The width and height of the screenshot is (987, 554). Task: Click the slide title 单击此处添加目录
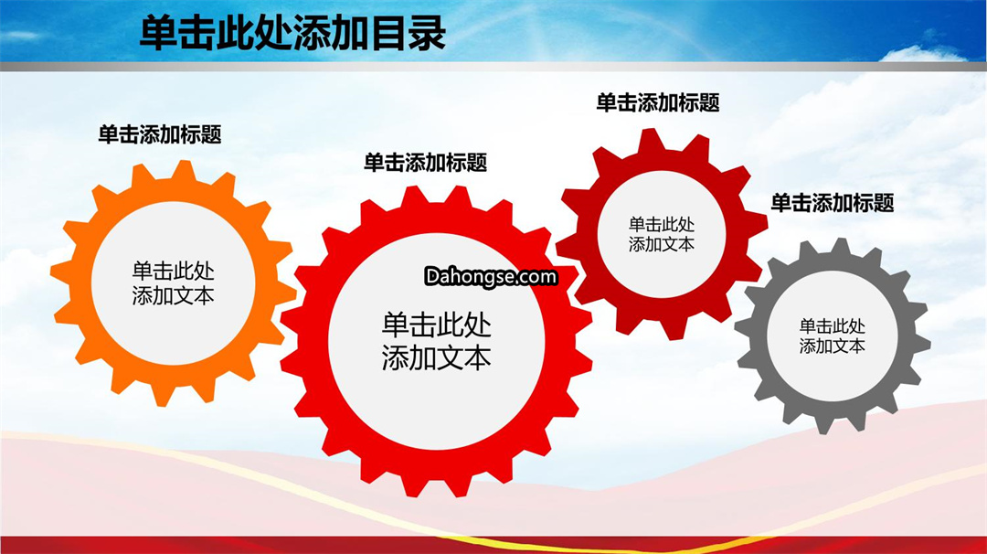292,33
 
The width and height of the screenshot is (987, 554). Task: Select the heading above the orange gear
160,134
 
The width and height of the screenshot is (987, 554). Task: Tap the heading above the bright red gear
426,163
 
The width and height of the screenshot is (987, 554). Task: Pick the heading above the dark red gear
658,102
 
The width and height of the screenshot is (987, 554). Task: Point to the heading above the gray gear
833,203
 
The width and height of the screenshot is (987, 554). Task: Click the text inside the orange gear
173,283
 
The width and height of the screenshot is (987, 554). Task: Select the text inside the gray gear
833,336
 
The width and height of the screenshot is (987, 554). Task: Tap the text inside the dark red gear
662,234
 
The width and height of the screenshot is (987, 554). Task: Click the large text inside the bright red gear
436,341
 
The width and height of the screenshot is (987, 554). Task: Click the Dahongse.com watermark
491,276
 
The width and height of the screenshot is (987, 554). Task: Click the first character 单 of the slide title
157,33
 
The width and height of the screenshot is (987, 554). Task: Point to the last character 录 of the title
428,33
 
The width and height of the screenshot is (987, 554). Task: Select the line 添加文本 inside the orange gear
173,295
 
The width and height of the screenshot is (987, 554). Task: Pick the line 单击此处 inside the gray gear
833,326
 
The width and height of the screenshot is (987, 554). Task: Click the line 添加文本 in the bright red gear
436,357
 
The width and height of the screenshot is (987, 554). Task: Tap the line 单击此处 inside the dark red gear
662,225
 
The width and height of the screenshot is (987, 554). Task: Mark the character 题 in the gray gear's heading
884,203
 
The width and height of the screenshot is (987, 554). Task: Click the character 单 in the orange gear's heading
108,134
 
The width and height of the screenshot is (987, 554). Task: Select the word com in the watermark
537,277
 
